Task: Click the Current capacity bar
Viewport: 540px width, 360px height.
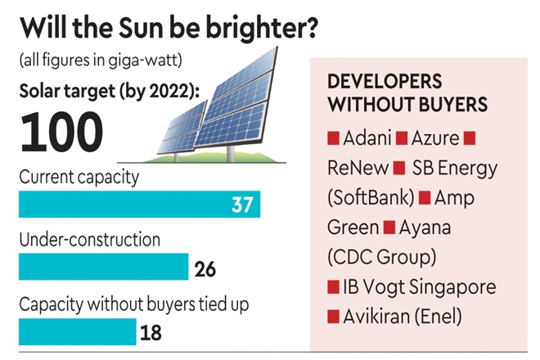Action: click(139, 204)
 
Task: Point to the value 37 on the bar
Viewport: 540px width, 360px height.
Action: click(242, 205)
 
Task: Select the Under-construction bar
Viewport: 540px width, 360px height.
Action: click(103, 267)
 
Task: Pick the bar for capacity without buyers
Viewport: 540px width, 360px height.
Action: click(77, 331)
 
